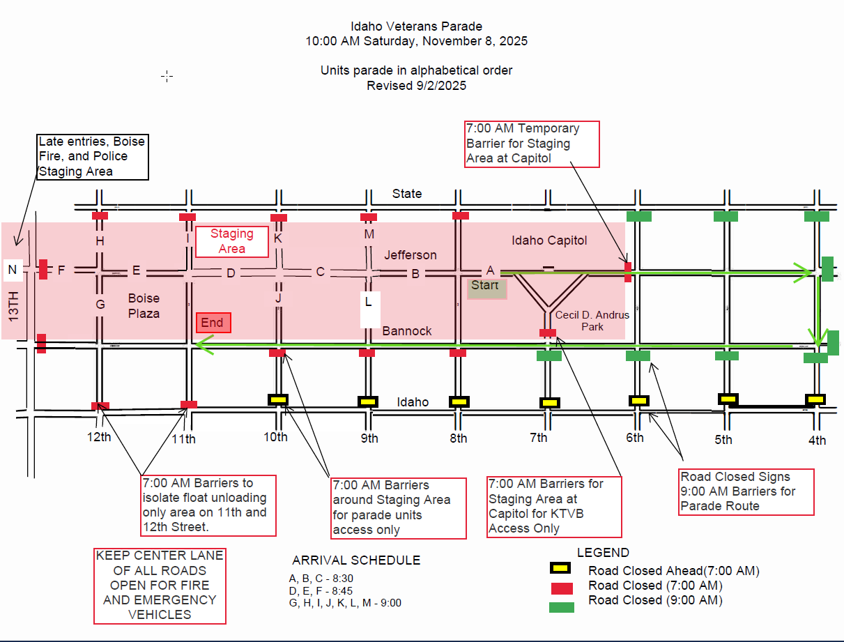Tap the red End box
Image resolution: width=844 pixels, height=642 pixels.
[x=213, y=323]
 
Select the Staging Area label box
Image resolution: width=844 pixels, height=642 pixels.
[x=232, y=241]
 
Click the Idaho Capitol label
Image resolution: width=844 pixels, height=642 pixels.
[x=549, y=240]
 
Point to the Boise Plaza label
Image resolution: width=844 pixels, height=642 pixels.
[x=144, y=306]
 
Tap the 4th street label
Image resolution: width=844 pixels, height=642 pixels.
[x=817, y=440]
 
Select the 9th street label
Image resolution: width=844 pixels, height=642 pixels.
[x=369, y=438]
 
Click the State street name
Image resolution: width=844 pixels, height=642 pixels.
[x=406, y=193]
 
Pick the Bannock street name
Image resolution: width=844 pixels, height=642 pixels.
[x=407, y=330]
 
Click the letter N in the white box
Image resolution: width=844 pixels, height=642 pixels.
[x=13, y=269]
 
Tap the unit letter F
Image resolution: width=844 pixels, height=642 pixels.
[x=61, y=270]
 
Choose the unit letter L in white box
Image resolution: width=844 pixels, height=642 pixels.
[x=369, y=303]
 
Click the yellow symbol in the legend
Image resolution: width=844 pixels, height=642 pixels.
[x=561, y=571]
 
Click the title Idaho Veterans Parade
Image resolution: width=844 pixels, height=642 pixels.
[x=416, y=26]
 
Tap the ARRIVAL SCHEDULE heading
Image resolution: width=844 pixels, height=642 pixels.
[x=356, y=560]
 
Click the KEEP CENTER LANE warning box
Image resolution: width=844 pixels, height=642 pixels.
[x=160, y=586]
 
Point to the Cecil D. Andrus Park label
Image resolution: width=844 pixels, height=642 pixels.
[x=592, y=320]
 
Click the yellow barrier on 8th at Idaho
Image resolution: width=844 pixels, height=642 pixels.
[x=458, y=402]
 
